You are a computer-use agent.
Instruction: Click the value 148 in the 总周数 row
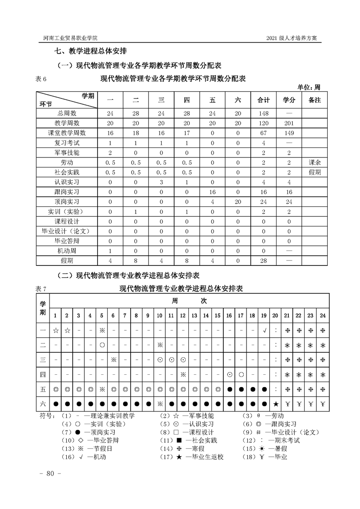point(263,113)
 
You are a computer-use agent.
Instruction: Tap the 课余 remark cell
point(314,162)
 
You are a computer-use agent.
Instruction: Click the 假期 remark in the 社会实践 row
point(314,172)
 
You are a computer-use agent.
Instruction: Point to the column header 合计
point(263,100)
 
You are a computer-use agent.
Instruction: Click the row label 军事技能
point(67,152)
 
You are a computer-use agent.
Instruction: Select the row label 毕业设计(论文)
point(67,231)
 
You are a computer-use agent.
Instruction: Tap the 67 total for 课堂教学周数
point(263,133)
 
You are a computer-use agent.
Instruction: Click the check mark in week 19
point(264,330)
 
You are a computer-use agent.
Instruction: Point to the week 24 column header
point(323,315)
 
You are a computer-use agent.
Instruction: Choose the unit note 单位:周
point(309,87)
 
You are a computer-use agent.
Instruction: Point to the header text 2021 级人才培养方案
point(293,38)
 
